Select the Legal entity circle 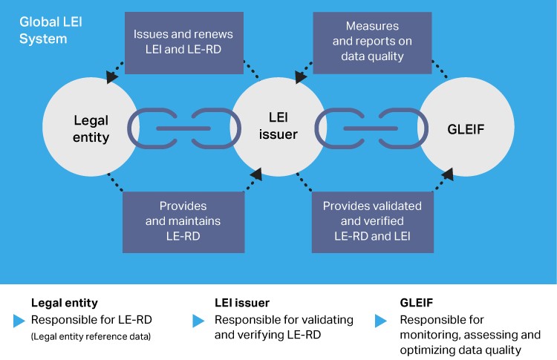91,127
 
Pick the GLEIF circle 466,127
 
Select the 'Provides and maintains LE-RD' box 183,220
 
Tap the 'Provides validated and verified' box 372,220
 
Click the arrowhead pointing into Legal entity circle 111,76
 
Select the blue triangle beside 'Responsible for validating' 198,321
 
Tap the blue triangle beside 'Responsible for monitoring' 381,321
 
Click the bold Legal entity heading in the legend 65,303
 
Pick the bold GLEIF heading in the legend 418,303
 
